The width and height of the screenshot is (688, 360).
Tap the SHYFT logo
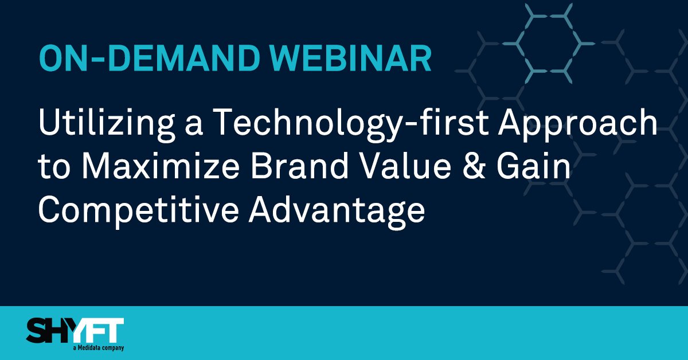(x=75, y=333)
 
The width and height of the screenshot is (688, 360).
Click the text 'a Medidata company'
(x=99, y=348)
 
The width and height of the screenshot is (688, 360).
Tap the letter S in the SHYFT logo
(x=37, y=332)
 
